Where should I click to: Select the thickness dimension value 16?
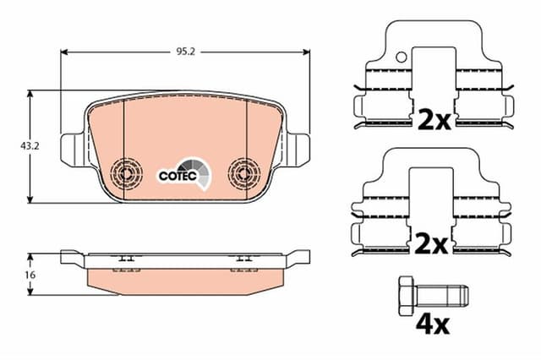point(14,275)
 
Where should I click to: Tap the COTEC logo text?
point(178,176)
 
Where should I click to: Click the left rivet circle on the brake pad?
point(128,173)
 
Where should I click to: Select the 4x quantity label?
point(432,323)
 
